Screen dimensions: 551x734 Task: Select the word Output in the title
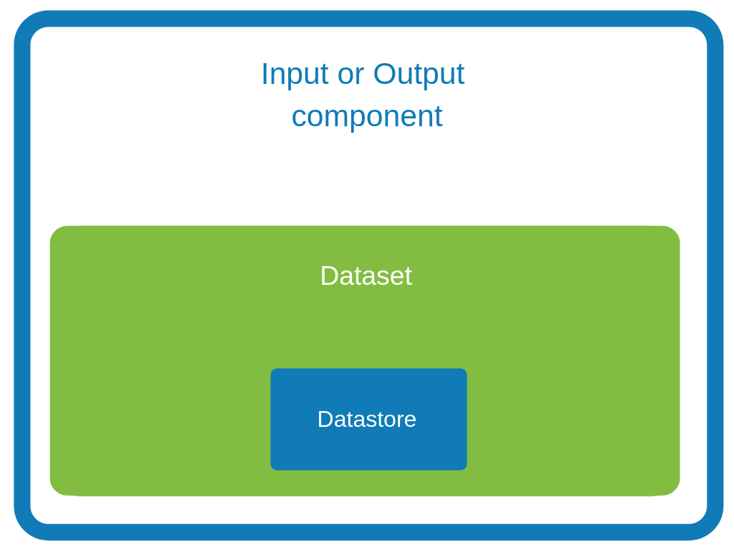[x=419, y=75]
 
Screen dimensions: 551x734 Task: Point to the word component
[x=367, y=116]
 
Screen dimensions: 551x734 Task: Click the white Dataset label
[x=366, y=276]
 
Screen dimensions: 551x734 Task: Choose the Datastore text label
[x=366, y=419]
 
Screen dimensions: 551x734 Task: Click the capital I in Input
[x=264, y=74]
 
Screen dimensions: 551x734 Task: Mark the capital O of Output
[x=384, y=74]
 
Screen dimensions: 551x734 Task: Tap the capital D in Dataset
[x=328, y=276]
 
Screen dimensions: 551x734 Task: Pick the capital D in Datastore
[x=325, y=419]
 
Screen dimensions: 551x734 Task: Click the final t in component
[x=439, y=116]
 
